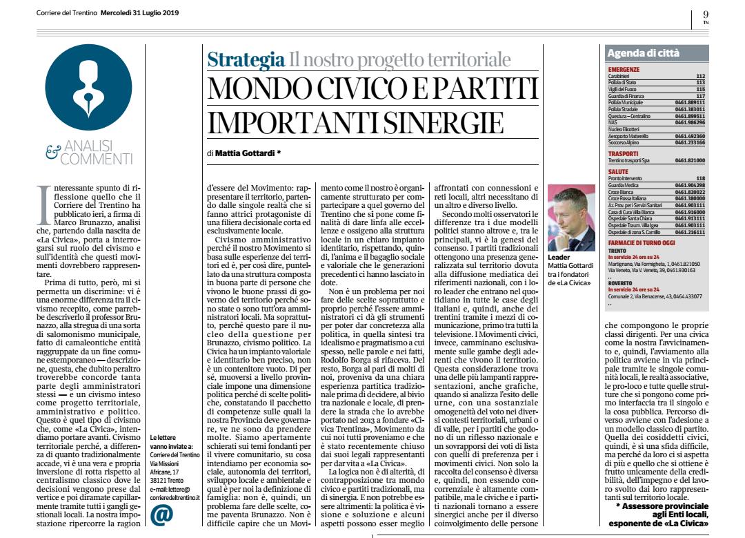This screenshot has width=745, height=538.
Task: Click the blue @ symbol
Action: pos(159,515)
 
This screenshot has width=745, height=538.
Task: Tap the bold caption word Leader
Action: pos(559,256)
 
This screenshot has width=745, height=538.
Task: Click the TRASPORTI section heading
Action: pos(626,153)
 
